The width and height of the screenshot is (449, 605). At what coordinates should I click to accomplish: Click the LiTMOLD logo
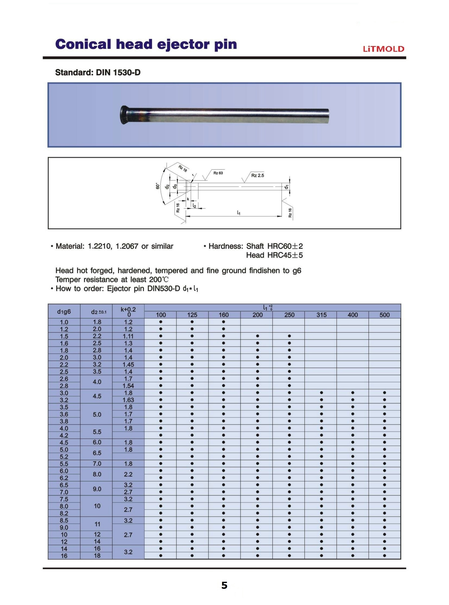[384, 49]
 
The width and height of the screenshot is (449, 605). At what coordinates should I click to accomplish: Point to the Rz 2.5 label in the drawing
[257, 175]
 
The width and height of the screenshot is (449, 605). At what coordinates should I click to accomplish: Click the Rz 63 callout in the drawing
[218, 173]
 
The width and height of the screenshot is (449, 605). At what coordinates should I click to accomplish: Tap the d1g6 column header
[64, 312]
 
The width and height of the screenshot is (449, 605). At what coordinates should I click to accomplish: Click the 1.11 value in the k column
[128, 336]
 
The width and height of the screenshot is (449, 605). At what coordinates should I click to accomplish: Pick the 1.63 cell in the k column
[128, 400]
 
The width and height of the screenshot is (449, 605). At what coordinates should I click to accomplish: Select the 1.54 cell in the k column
[128, 386]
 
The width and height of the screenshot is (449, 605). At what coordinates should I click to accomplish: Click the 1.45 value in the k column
[128, 365]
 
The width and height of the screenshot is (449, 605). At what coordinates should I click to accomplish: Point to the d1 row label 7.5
[64, 499]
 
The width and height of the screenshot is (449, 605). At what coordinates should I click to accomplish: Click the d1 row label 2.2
[64, 365]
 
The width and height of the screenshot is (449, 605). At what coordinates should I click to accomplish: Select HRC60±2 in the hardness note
[285, 246]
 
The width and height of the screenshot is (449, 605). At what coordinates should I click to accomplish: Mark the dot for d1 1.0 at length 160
[223, 322]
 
